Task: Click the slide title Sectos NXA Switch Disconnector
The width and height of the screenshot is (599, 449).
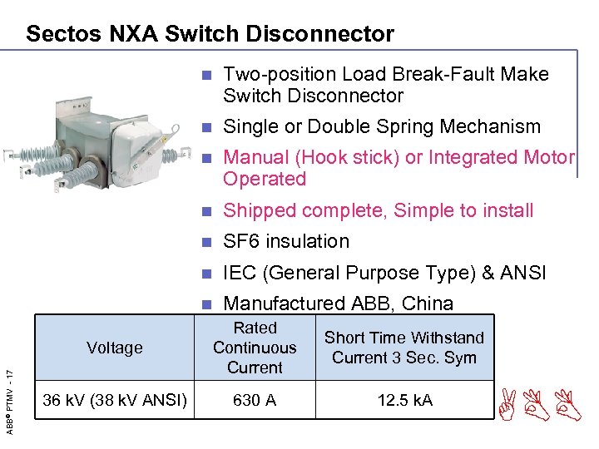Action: tap(210, 34)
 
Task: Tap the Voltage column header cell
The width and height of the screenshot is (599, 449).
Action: tap(115, 348)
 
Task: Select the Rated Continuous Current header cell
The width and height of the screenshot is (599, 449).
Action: tap(255, 348)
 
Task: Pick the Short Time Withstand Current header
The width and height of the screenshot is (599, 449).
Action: tap(403, 348)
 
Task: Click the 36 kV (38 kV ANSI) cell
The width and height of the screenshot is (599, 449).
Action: tap(115, 400)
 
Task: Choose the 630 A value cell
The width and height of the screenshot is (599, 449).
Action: tap(255, 400)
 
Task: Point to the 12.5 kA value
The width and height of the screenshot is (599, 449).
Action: tap(404, 400)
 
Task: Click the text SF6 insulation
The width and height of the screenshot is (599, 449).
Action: tap(286, 241)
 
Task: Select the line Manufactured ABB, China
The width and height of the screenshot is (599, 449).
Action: tap(339, 303)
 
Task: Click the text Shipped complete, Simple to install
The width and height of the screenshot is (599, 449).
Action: tap(379, 210)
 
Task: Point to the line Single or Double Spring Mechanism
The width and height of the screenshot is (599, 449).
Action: tap(382, 126)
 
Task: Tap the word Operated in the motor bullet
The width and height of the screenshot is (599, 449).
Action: tap(265, 179)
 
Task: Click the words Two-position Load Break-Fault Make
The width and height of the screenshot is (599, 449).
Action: tap(386, 74)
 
